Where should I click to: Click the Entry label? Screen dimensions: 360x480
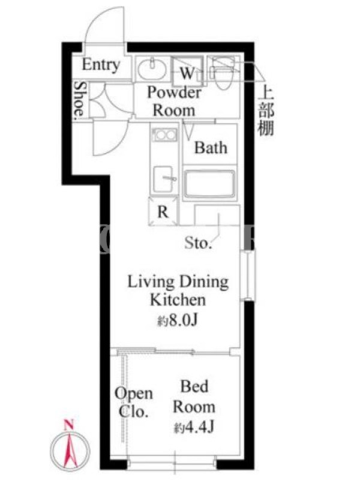[x=101, y=65]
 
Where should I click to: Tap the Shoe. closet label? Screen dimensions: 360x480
[x=80, y=99]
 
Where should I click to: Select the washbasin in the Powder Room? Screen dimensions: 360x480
[x=152, y=68]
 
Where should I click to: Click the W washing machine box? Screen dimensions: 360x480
[x=187, y=71]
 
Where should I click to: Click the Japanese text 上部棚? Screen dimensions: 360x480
[x=265, y=112]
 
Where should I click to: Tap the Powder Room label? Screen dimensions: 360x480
[x=174, y=101]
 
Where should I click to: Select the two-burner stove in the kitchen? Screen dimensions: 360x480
[x=165, y=134]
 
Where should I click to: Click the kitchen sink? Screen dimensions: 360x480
[x=164, y=179]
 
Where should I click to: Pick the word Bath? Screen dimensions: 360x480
[x=211, y=148]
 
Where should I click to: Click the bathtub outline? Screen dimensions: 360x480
[x=210, y=184]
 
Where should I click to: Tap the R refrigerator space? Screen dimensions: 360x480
[x=163, y=212]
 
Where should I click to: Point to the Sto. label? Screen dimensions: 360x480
[x=198, y=244]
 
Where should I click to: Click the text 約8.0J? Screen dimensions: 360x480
[x=178, y=320]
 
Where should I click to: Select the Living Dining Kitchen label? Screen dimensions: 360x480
[x=178, y=290]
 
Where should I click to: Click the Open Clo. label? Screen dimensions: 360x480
[x=133, y=403]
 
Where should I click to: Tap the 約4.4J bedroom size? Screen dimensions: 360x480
[x=194, y=427]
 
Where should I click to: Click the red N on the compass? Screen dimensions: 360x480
[x=70, y=425]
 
